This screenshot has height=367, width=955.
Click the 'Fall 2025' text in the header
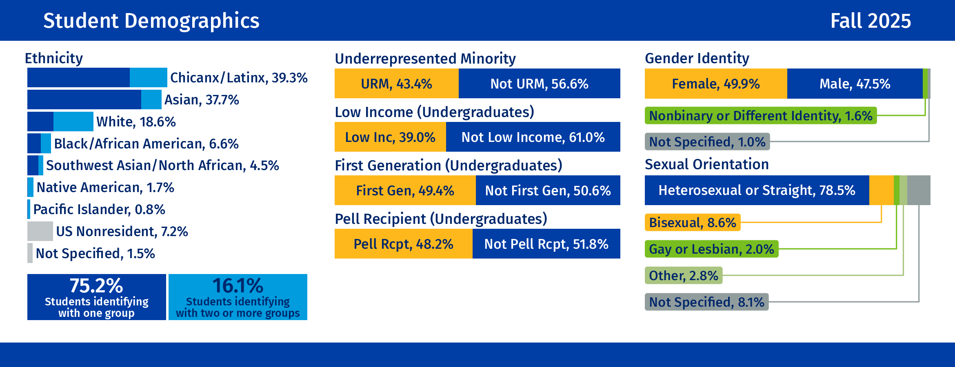(870, 21)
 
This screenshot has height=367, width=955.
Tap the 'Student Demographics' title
(151, 21)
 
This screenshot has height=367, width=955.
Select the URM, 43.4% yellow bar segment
(396, 84)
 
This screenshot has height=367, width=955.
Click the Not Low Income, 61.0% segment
(533, 137)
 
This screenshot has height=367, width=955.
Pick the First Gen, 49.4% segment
(405, 190)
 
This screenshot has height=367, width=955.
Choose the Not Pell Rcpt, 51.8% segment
(546, 244)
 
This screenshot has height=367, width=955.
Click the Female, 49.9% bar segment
(715, 84)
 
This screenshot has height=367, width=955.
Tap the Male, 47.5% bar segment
(855, 84)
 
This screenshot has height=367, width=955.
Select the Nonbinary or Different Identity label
(760, 116)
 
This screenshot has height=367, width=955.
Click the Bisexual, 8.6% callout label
(692, 223)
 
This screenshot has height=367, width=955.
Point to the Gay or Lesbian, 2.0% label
(711, 249)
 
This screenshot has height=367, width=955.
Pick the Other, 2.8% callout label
(683, 276)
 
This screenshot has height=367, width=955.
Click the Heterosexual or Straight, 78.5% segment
(756, 190)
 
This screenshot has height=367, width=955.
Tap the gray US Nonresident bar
(40, 231)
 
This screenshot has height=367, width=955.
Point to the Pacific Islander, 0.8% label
(99, 210)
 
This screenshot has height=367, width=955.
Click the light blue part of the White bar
(73, 122)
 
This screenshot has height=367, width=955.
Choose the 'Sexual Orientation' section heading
(706, 164)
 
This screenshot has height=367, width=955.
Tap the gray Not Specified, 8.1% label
(706, 302)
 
